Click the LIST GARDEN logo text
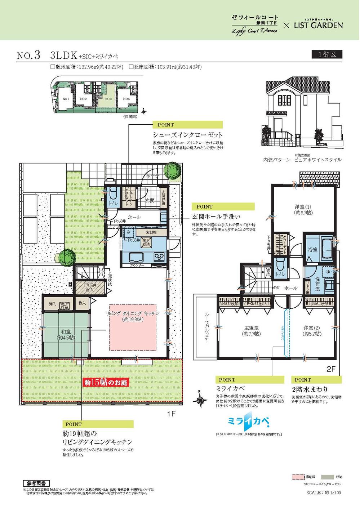pos(318,25)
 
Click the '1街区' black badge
pos(326,54)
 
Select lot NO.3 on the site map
pos(108,98)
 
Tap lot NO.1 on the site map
pos(66,98)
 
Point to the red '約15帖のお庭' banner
pos(106,382)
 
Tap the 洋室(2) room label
pos(312,331)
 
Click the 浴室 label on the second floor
pos(312,249)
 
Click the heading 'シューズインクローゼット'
pos(187,135)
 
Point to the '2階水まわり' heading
pos(310,389)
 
